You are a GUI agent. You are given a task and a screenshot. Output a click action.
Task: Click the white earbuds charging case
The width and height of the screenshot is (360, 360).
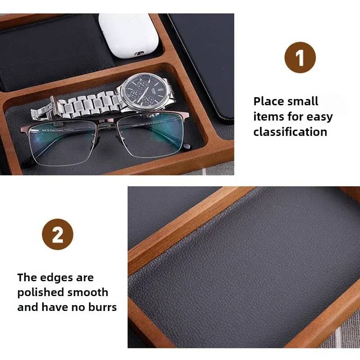tap(128, 36)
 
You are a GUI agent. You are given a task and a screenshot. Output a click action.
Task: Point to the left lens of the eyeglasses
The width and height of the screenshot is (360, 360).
tap(62, 144)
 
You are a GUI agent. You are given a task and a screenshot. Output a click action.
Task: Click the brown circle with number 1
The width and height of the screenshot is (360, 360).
tap(300, 58)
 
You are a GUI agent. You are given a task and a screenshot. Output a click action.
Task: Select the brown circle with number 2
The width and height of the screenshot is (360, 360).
tap(58, 234)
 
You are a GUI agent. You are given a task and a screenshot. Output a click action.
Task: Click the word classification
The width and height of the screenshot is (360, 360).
tap(290, 132)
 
